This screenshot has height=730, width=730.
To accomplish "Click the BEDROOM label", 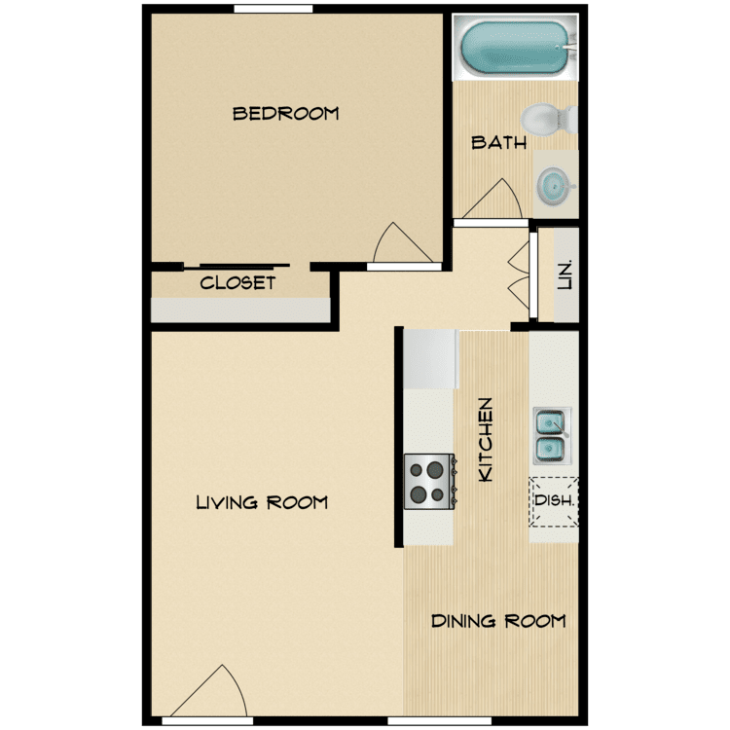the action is [285, 114].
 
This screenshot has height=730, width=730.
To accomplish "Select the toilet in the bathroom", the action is [549, 119].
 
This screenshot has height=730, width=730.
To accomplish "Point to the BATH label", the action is [498, 142].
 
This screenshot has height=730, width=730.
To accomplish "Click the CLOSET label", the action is [237, 282].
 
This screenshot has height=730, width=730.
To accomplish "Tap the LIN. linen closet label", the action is [565, 275].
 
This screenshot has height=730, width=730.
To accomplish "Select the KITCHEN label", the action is [485, 440].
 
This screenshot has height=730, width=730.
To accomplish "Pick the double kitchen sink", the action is [552, 436].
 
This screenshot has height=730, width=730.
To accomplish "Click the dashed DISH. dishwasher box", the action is [554, 502].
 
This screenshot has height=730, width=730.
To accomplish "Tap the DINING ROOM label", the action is [498, 621].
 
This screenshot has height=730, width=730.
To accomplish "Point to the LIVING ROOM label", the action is [262, 502].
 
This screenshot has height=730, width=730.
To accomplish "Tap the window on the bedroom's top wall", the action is [274, 9].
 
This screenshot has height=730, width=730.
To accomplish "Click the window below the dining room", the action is [440, 721].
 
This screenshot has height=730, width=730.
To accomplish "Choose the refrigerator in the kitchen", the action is [430, 359].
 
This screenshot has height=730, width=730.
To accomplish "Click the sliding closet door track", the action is [237, 267].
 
